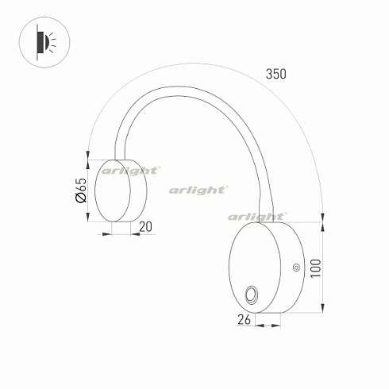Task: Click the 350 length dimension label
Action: pos(275,74)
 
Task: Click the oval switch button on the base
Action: pos(252,295)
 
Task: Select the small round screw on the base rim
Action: pos(296,268)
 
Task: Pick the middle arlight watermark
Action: pos(198,190)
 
